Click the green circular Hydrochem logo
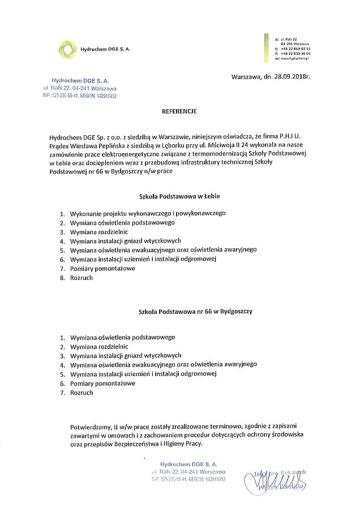pos(67,49)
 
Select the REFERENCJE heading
pos(179,112)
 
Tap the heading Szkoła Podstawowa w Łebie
pos(179,196)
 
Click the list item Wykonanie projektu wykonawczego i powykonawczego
pos(148,214)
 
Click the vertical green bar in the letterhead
pos(265,48)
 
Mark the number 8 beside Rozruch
pos(62,278)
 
